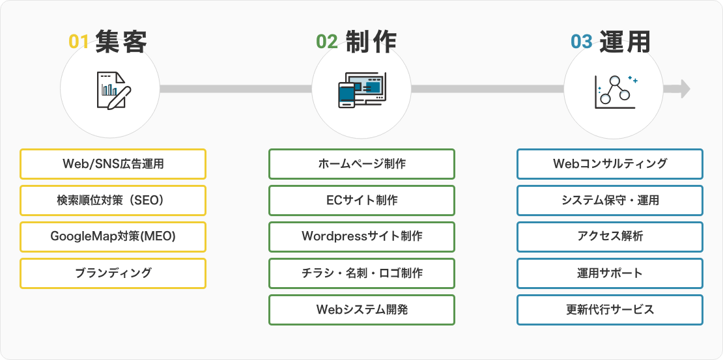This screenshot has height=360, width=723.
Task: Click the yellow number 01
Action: (78, 42)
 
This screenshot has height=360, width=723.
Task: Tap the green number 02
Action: (327, 42)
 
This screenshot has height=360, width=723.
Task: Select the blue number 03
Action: (581, 42)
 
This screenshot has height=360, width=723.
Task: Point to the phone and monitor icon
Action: (362, 90)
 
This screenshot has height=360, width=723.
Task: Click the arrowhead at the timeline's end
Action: (685, 89)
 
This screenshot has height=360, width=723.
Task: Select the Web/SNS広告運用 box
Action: (113, 163)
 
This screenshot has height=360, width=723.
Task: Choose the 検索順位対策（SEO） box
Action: (113, 200)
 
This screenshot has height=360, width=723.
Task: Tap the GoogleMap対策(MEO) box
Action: (113, 236)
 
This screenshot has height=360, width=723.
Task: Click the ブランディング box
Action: (113, 273)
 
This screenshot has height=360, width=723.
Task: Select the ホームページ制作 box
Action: (362, 163)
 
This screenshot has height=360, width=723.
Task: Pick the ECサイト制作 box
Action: (362, 200)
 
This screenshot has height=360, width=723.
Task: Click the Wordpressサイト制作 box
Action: (362, 236)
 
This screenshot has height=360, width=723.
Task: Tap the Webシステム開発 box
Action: (362, 310)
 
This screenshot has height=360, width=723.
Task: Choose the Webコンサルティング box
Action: (610, 163)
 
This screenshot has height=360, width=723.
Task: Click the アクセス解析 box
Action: (610, 236)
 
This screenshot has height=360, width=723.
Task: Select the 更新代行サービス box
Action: (610, 310)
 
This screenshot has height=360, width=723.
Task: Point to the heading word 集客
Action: (121, 42)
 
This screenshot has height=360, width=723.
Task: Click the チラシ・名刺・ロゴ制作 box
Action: (362, 273)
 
